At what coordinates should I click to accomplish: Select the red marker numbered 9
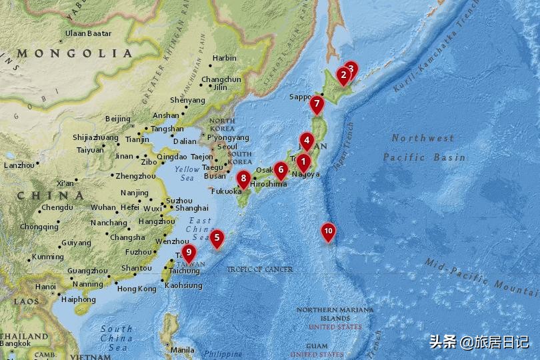click(x=189, y=253)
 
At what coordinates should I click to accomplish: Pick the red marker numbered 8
click(x=244, y=179)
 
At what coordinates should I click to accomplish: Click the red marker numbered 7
click(x=317, y=105)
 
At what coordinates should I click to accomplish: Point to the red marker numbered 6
click(x=281, y=169)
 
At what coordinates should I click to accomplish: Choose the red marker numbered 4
click(x=306, y=141)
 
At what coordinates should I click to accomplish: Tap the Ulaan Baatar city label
click(x=88, y=33)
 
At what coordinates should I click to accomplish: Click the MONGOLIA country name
click(x=75, y=53)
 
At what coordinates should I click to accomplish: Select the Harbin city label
click(x=224, y=58)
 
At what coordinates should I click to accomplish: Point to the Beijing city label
click(x=118, y=119)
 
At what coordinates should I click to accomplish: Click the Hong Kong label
click(x=137, y=289)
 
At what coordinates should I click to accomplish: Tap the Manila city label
click(x=182, y=349)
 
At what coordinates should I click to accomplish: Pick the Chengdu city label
click(x=57, y=207)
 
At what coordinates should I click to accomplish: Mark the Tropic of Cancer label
click(x=259, y=269)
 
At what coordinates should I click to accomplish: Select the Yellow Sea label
click(x=187, y=173)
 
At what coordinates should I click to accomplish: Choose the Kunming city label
click(x=48, y=257)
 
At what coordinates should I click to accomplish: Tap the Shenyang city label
click(x=187, y=100)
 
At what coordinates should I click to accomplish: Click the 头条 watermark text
click(x=443, y=342)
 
